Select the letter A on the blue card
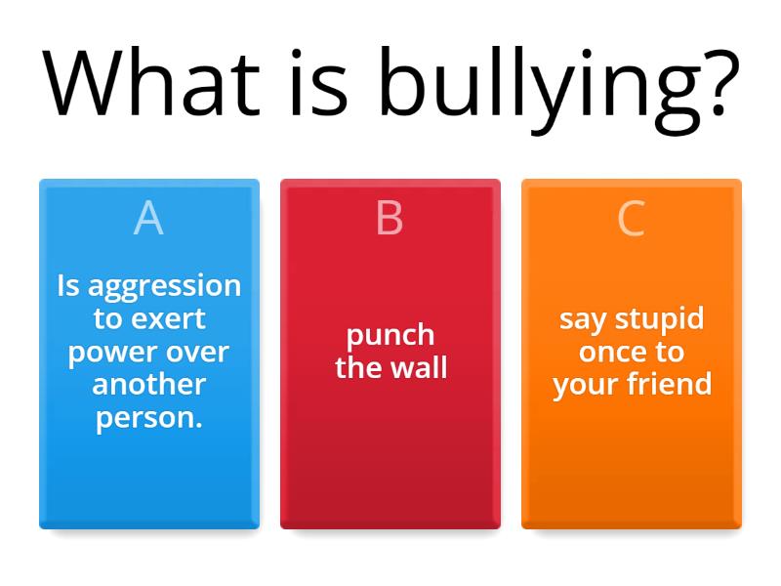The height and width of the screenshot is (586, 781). [148, 219]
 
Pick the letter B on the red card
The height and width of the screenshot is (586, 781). [390, 219]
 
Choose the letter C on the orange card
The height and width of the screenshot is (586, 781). [631, 219]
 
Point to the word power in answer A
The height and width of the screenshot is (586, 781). [108, 353]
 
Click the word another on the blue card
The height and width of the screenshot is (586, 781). [148, 384]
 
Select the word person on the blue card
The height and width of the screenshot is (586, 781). [145, 418]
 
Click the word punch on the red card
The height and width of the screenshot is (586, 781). [390, 336]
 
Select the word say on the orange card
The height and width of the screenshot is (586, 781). [580, 320]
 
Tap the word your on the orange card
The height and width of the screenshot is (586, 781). [583, 386]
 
